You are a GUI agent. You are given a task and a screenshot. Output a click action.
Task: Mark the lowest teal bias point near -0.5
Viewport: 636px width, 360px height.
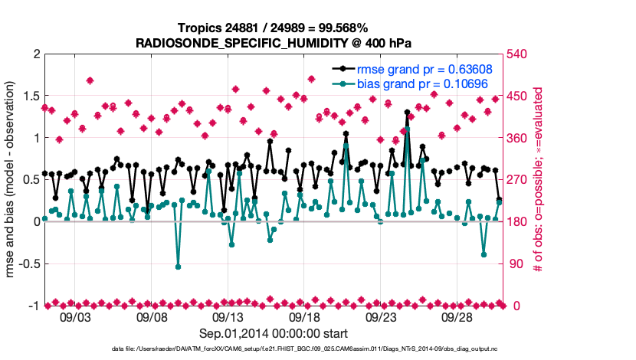[x=178, y=267]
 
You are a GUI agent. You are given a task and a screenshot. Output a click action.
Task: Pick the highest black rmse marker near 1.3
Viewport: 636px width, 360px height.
[x=407, y=112]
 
